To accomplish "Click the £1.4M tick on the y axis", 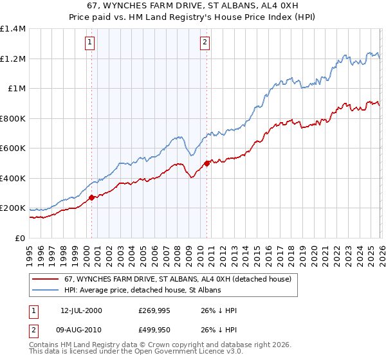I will pyautogui.click(x=13, y=29).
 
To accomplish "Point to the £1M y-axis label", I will pyautogui.click(x=17, y=89).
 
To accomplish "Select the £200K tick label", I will pyautogui.click(x=13, y=208).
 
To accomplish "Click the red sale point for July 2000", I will pyautogui.click(x=91, y=197).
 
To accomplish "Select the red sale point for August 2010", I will pyautogui.click(x=207, y=163).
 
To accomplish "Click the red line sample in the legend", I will pyautogui.click(x=45, y=279).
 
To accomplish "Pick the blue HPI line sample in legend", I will pyautogui.click(x=45, y=290).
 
